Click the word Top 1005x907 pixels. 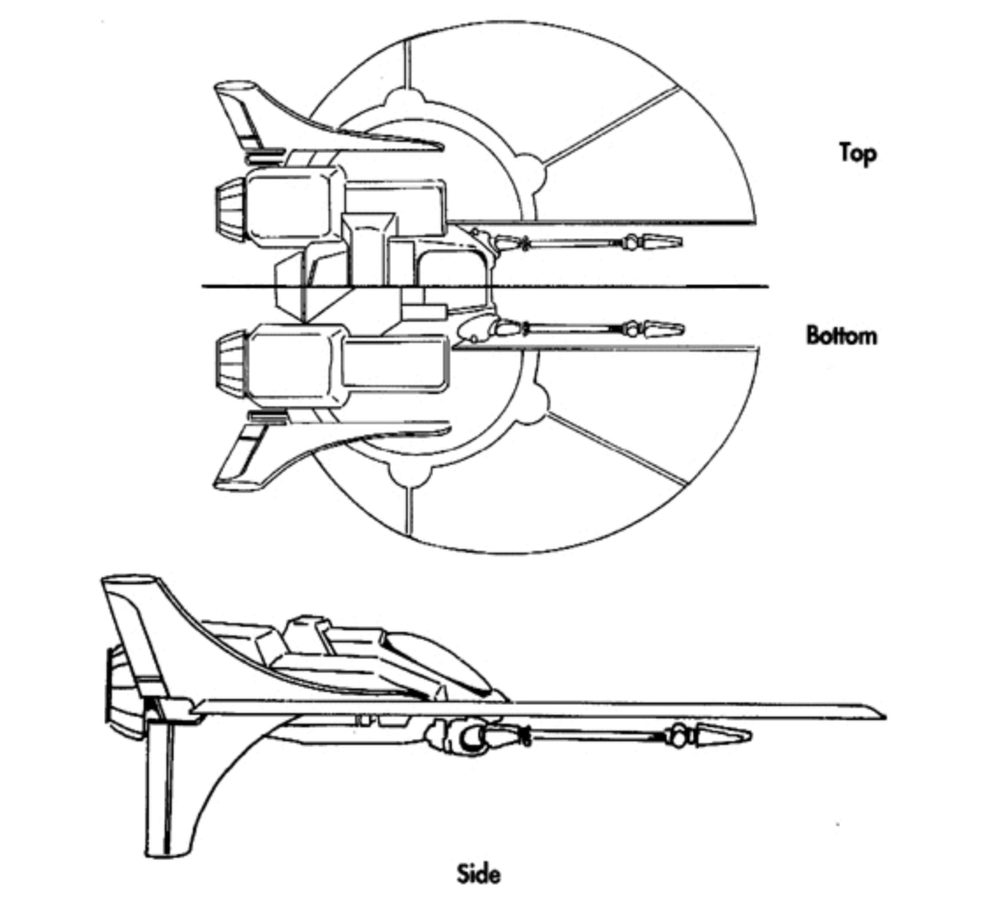857,152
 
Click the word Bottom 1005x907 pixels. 841,335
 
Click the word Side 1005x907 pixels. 479,874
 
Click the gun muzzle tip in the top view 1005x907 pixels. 678,240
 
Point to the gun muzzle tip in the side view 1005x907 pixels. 747,734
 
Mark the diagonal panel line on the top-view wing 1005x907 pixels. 612,124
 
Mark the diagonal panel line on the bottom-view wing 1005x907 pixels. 617,449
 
